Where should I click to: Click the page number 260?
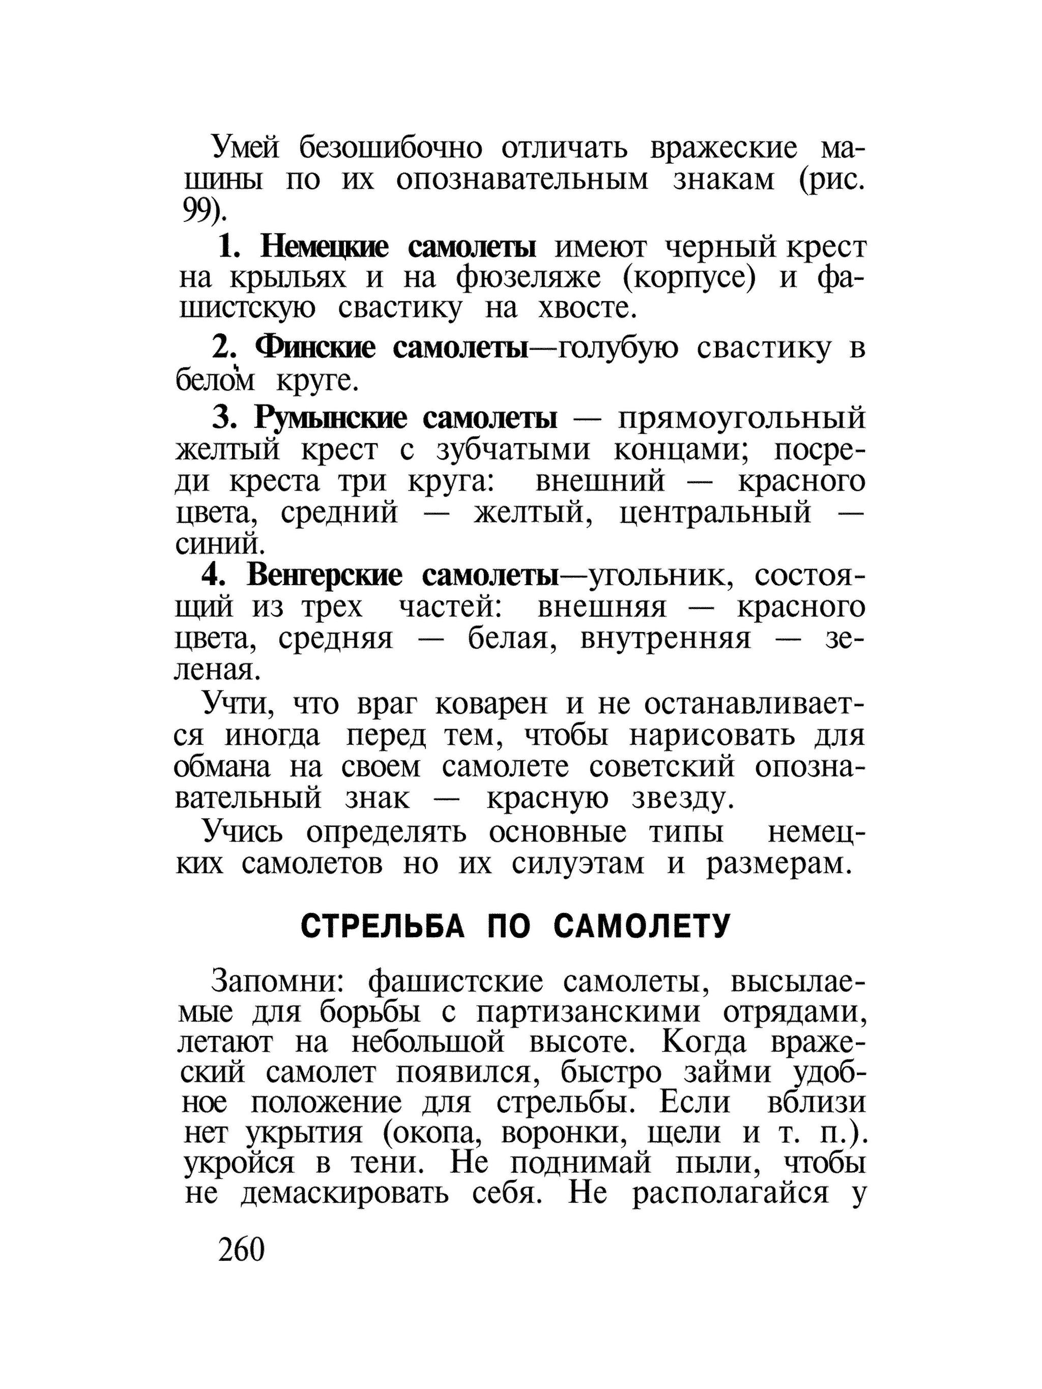click(x=241, y=1250)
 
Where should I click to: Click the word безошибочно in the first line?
click(x=390, y=149)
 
